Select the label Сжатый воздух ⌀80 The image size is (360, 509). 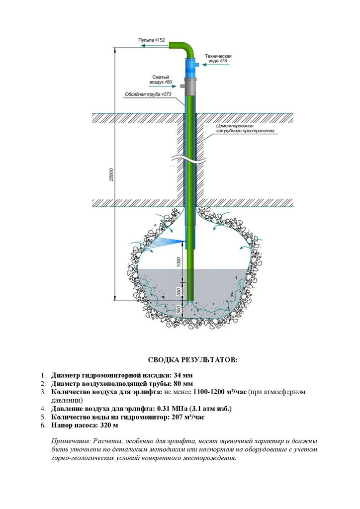161,79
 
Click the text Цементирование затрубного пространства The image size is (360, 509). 245,129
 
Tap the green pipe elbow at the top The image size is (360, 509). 187,49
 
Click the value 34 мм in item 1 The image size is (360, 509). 181,375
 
